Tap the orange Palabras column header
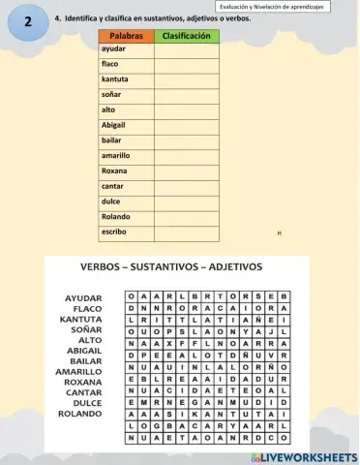pos(126,36)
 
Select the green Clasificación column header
pos(187,36)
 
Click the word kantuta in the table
pos(115,79)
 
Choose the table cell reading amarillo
pos(116,155)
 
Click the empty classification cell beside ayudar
pos(187,48)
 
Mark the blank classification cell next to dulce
pos(187,201)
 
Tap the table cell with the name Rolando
pos(115,217)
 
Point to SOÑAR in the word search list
pos(85,329)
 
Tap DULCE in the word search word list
pos(84,403)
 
